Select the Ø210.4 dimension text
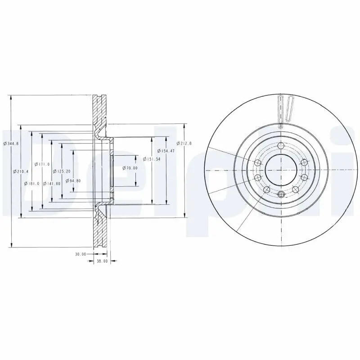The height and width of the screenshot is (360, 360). tap(21, 171)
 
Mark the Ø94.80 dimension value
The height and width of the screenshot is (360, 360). tap(72, 180)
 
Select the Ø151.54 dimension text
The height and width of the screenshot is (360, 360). tap(152, 159)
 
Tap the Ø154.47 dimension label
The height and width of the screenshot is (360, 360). tap(166, 151)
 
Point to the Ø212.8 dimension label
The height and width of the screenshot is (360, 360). tap(184, 143)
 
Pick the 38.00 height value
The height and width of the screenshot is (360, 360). tap(102, 261)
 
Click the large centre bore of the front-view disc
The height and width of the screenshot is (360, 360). tap(280, 170)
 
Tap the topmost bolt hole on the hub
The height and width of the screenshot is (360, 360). tap(281, 145)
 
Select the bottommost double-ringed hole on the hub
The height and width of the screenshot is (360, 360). tap(281, 194)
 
